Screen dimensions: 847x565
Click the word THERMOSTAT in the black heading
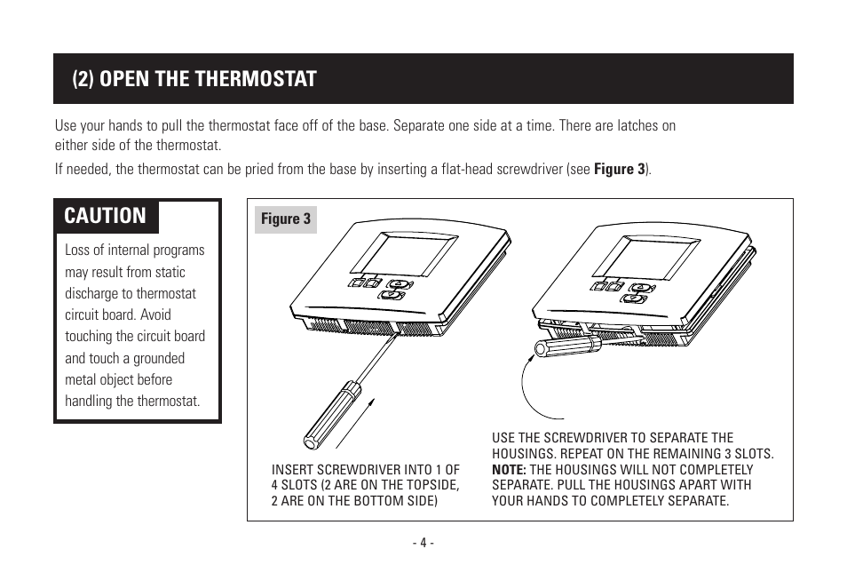click(255, 79)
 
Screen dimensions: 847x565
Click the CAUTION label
click(106, 216)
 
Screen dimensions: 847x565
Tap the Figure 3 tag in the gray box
click(286, 219)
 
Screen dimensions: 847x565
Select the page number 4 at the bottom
click(423, 542)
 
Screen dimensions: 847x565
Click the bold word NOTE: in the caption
click(509, 470)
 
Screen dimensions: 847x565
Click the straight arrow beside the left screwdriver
click(355, 424)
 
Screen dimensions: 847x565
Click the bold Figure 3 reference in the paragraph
click(620, 169)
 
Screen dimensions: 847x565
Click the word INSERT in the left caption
click(291, 470)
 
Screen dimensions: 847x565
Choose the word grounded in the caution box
click(159, 359)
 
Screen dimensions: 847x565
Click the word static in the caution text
click(170, 272)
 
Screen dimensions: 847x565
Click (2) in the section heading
click(83, 79)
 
